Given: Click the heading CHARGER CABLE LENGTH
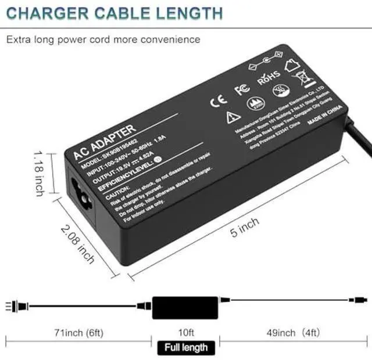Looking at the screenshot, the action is tap(115, 13).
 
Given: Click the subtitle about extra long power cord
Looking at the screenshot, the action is tap(103, 39).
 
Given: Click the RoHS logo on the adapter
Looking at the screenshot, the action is tap(269, 76).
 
